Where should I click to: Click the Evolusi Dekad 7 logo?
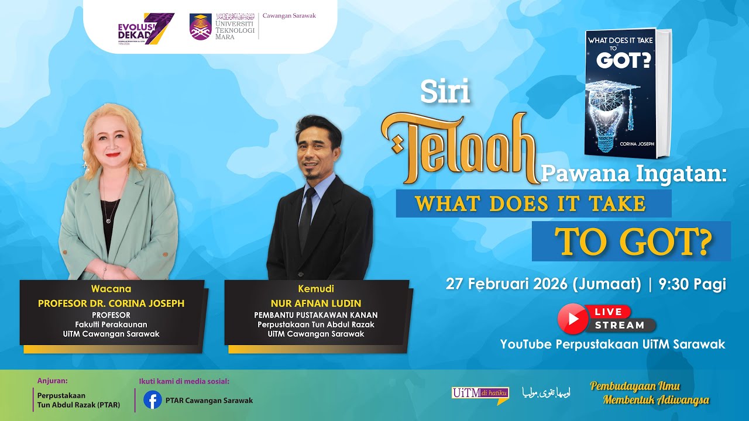pyautogui.click(x=146, y=29)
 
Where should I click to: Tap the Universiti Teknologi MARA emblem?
pyautogui.click(x=200, y=27)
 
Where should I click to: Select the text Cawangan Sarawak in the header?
pyautogui.click(x=289, y=16)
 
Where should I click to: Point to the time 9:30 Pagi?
pyautogui.click(x=692, y=284)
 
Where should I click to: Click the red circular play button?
pyautogui.click(x=572, y=319)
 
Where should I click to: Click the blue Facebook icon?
pyautogui.click(x=153, y=400)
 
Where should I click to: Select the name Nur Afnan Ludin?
pyautogui.click(x=316, y=303)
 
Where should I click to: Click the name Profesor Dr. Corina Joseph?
pyautogui.click(x=111, y=303)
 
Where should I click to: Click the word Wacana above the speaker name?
pyautogui.click(x=111, y=289)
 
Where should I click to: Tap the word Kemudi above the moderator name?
pyautogui.click(x=316, y=289)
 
